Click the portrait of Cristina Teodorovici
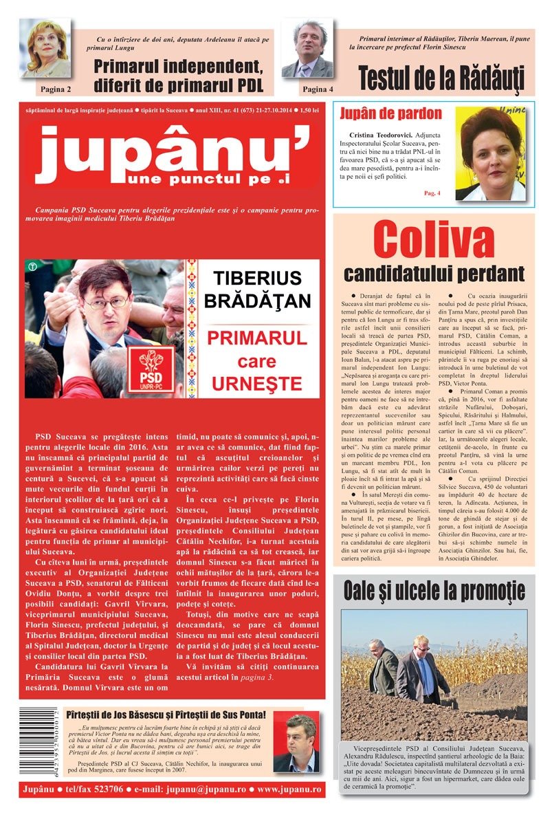coord(490,154)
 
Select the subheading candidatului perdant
coord(433,274)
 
